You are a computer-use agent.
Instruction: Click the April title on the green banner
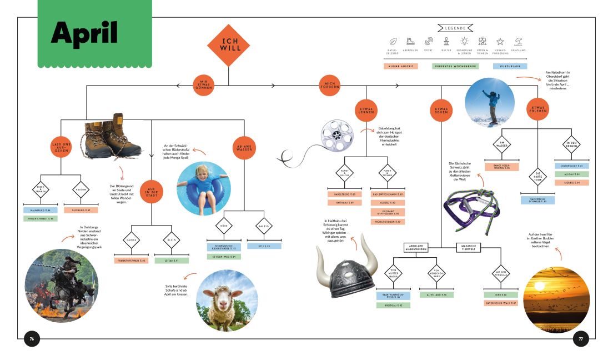[x=84, y=33]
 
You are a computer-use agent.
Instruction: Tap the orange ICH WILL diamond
[x=228, y=45]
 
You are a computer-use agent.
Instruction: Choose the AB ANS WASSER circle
[x=244, y=147]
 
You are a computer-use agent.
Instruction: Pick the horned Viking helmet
[x=346, y=266]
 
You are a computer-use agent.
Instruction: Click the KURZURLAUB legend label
[x=510, y=66]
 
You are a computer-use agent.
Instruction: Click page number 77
[x=580, y=339]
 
